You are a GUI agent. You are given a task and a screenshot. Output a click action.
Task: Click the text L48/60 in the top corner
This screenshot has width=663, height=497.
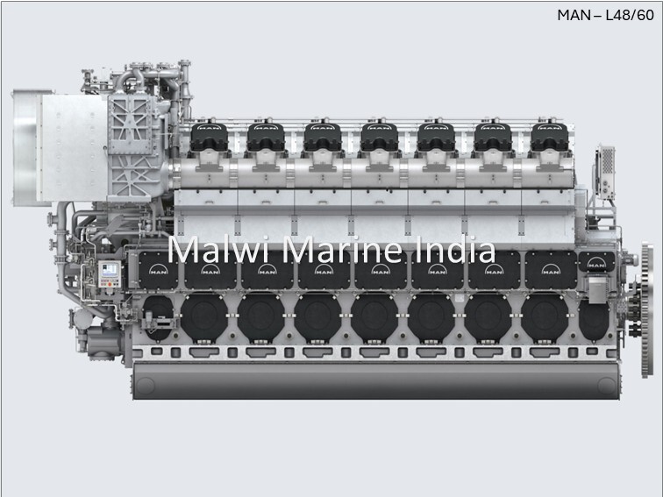click(629, 15)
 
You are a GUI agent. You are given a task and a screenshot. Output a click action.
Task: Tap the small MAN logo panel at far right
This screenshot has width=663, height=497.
click(596, 261)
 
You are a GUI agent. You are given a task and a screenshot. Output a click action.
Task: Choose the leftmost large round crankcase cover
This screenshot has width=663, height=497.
click(203, 316)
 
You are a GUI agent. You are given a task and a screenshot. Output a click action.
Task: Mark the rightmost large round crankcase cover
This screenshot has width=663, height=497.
click(544, 316)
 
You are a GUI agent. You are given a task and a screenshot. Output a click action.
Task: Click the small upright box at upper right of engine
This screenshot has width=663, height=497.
click(606, 168)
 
